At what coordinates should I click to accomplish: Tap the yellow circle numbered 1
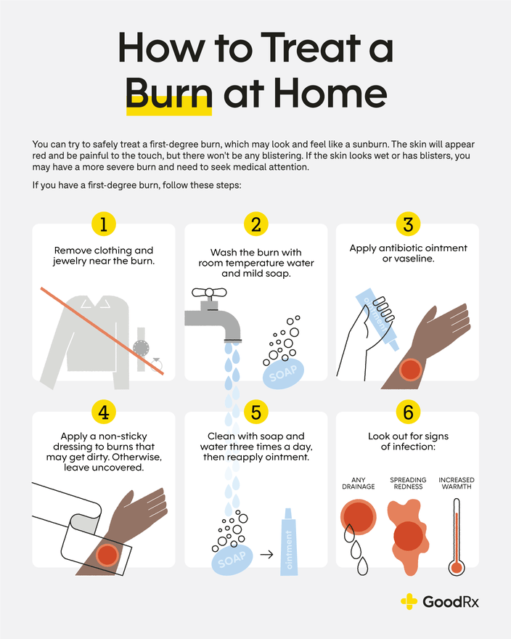[104, 224]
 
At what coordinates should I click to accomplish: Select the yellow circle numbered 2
[255, 224]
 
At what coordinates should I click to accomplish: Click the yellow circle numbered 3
[407, 224]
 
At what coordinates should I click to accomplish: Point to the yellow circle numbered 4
[104, 412]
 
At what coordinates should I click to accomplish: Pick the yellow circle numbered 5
[255, 412]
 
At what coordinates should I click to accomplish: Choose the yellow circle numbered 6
[407, 412]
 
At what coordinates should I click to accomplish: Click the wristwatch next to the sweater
[142, 347]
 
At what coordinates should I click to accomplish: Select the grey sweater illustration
[79, 337]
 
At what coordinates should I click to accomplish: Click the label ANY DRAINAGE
[358, 483]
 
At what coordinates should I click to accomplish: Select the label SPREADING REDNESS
[407, 483]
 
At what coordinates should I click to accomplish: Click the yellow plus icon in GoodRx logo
[409, 601]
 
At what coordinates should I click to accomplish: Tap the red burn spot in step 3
[410, 368]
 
